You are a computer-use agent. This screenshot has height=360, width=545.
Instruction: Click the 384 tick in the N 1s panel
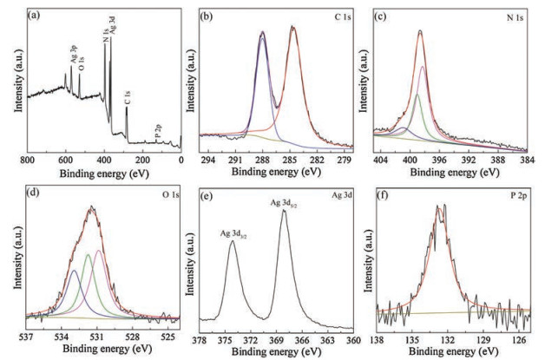[529, 160]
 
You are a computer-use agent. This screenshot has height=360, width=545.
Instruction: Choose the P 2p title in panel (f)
[517, 192]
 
